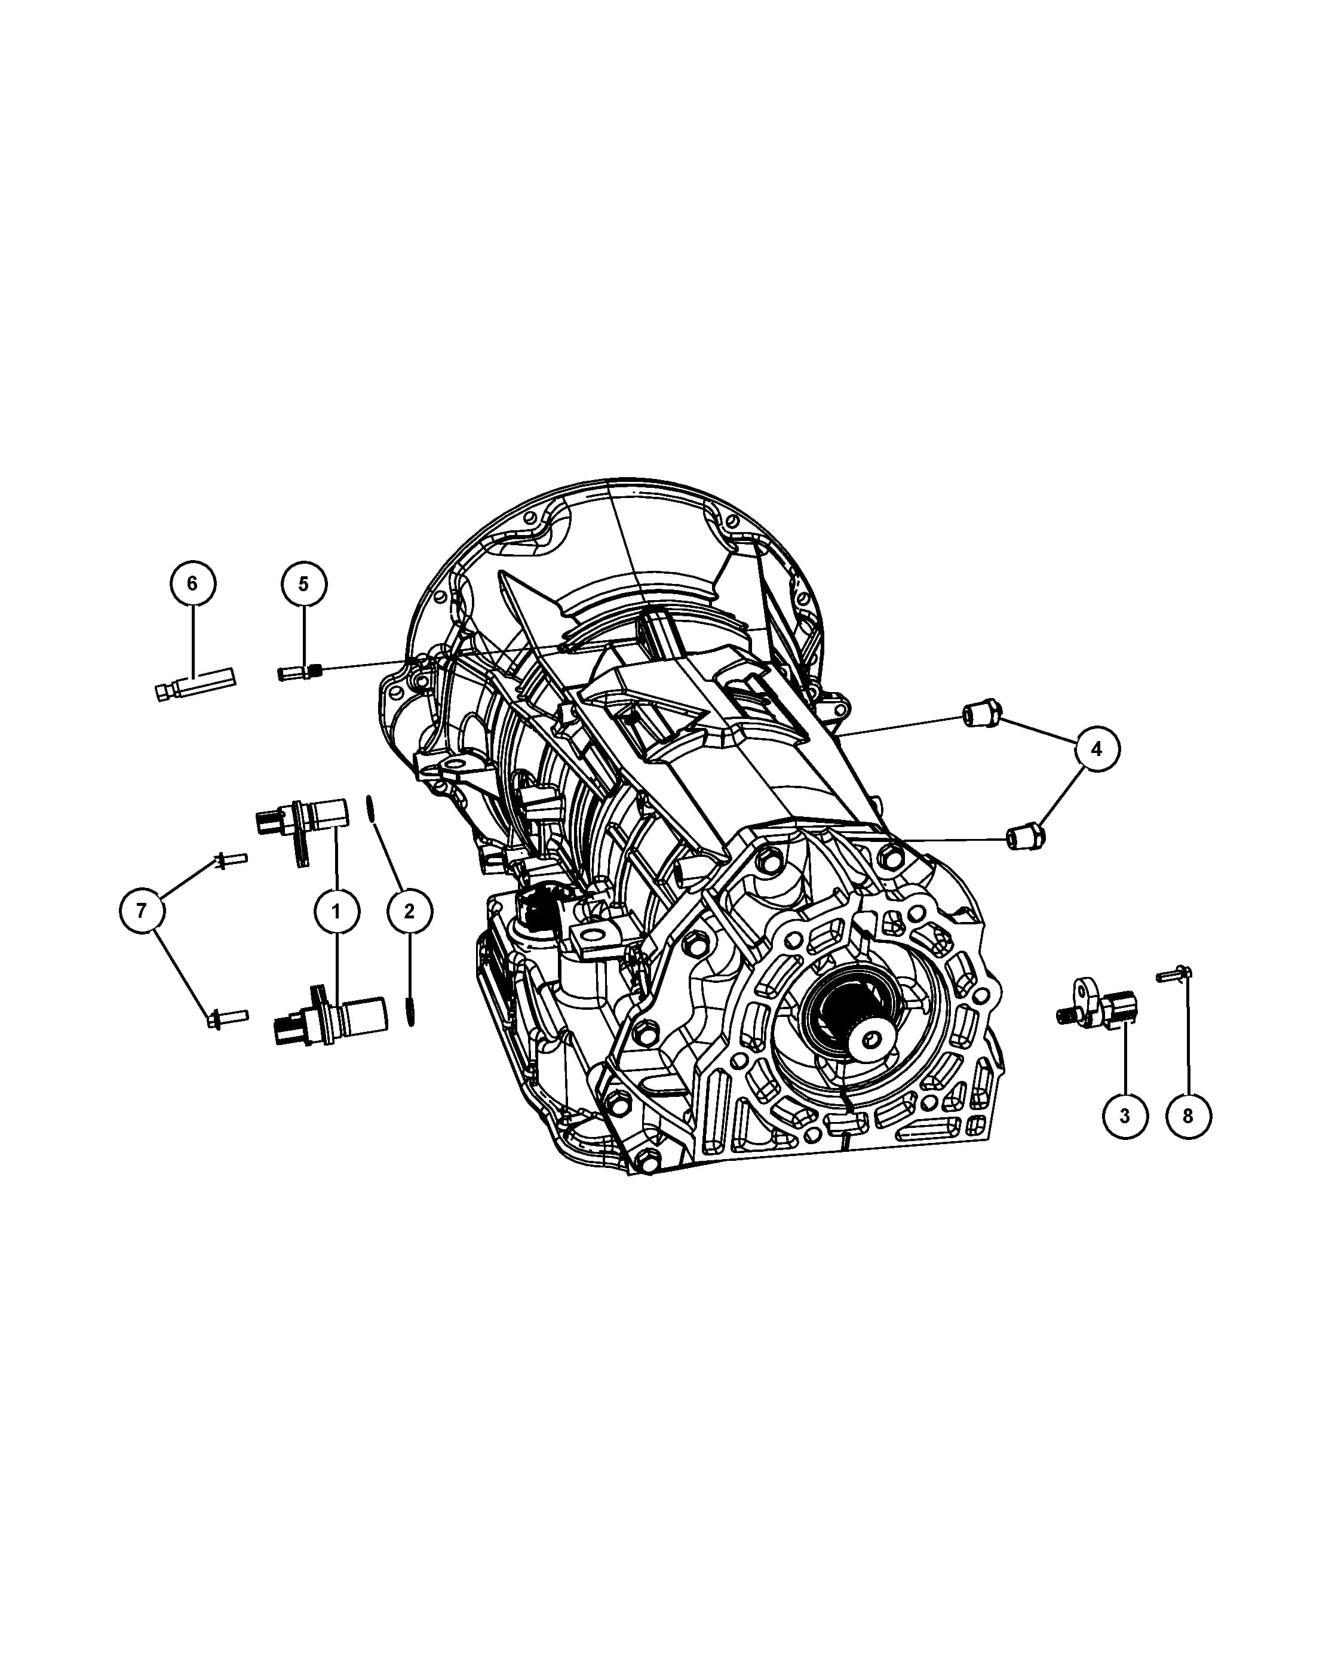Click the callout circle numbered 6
tap(193, 583)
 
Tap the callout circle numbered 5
tap(303, 583)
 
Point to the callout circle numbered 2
tap(409, 911)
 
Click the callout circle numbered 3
tap(1125, 1115)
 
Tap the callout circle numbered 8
tap(1187, 1115)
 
